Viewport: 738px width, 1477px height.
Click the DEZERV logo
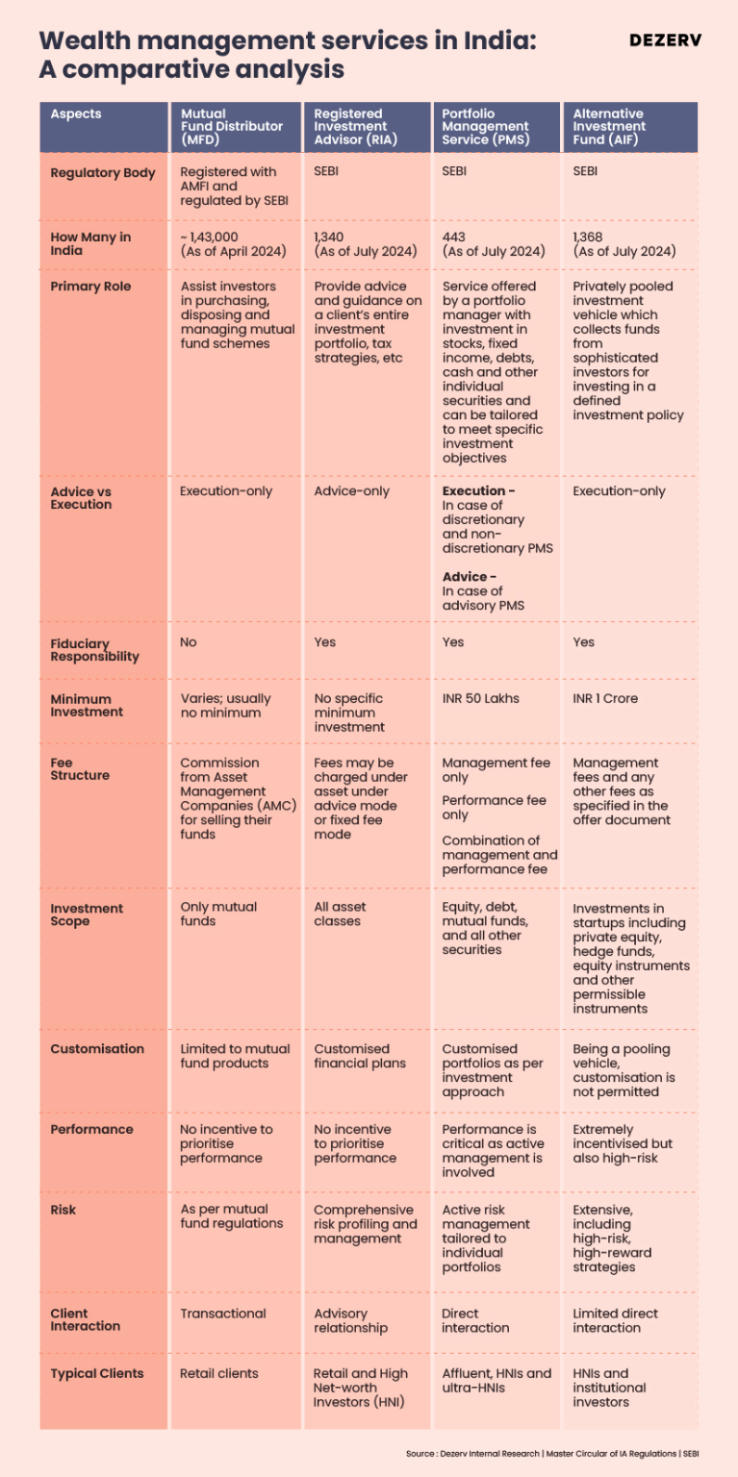coord(665,40)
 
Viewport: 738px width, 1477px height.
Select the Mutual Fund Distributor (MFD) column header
coord(232,127)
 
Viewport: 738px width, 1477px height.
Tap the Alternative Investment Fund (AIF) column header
coord(609,127)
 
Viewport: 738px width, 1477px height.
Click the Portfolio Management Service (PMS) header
coord(485,127)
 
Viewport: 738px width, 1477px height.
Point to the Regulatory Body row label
coord(102,173)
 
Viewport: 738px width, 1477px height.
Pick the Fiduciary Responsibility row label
coord(94,650)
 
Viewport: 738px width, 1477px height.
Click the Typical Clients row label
coord(96,1374)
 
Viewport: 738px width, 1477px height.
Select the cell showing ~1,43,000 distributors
coord(233,244)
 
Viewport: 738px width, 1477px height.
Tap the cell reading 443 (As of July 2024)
coord(493,244)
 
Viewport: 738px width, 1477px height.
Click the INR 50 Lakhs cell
coord(480,699)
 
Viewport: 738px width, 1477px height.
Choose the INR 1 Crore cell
coord(605,699)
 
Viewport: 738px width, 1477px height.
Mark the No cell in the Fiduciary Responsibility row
coord(189,642)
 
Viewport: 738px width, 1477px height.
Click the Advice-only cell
coord(351,491)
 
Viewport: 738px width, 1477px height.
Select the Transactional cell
coord(223,1314)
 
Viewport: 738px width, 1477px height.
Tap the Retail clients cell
coord(219,1374)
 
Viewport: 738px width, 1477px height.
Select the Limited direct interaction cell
coord(616,1320)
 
